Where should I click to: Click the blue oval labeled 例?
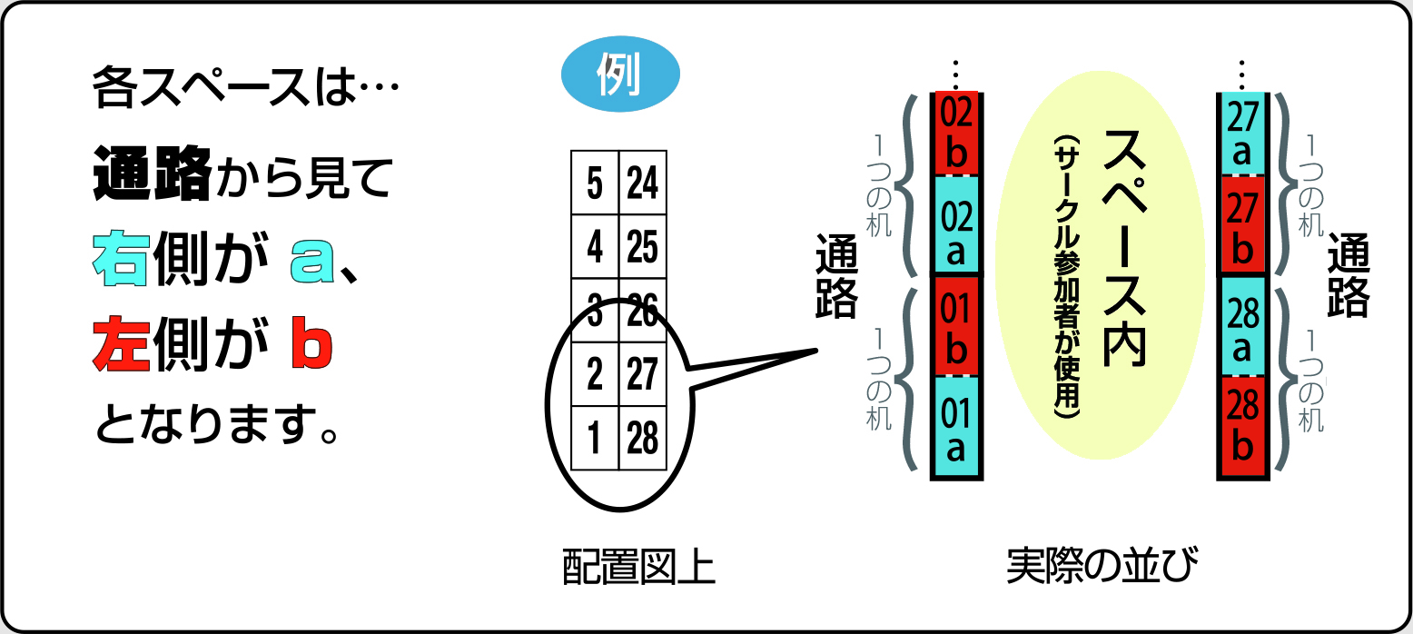pyautogui.click(x=620, y=78)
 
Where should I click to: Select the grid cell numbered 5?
pyautogui.click(x=595, y=183)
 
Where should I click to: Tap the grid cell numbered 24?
pyautogui.click(x=643, y=183)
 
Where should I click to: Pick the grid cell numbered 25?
pyautogui.click(x=643, y=246)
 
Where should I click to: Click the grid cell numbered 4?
pyautogui.click(x=595, y=246)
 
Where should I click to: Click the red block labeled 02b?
pyautogui.click(x=956, y=133)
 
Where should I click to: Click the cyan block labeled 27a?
pyautogui.click(x=1241, y=134)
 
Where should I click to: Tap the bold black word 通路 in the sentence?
pyautogui.click(x=153, y=175)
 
